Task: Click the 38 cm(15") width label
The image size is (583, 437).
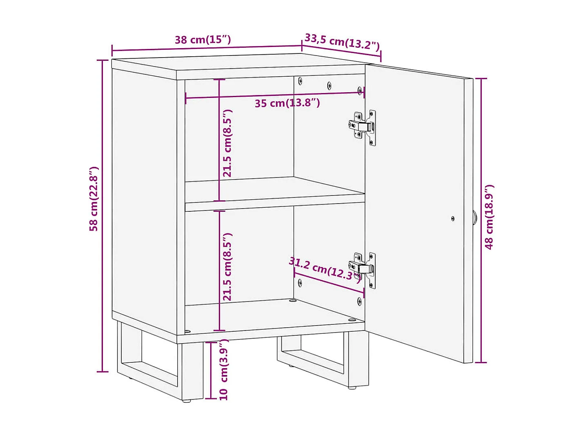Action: [x=203, y=40]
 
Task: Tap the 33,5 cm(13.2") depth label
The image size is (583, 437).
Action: [x=342, y=42]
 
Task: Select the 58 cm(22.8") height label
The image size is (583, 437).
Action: [x=94, y=199]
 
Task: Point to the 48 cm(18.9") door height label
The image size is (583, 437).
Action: [x=489, y=217]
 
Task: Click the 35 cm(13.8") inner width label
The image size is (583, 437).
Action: [x=287, y=103]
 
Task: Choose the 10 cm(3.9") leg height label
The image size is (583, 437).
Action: [x=224, y=370]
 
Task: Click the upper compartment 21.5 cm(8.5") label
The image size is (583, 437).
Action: [x=227, y=143]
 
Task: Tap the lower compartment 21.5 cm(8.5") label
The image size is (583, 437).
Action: [x=227, y=267]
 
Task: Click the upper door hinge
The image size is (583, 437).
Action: [x=363, y=126]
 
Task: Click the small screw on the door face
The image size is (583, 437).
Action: [x=453, y=219]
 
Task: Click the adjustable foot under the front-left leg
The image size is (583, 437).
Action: [x=187, y=401]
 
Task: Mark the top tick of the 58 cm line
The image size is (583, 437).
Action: [x=102, y=60]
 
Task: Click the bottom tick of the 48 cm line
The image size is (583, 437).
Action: [x=481, y=362]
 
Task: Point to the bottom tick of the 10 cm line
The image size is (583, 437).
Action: [x=211, y=398]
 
